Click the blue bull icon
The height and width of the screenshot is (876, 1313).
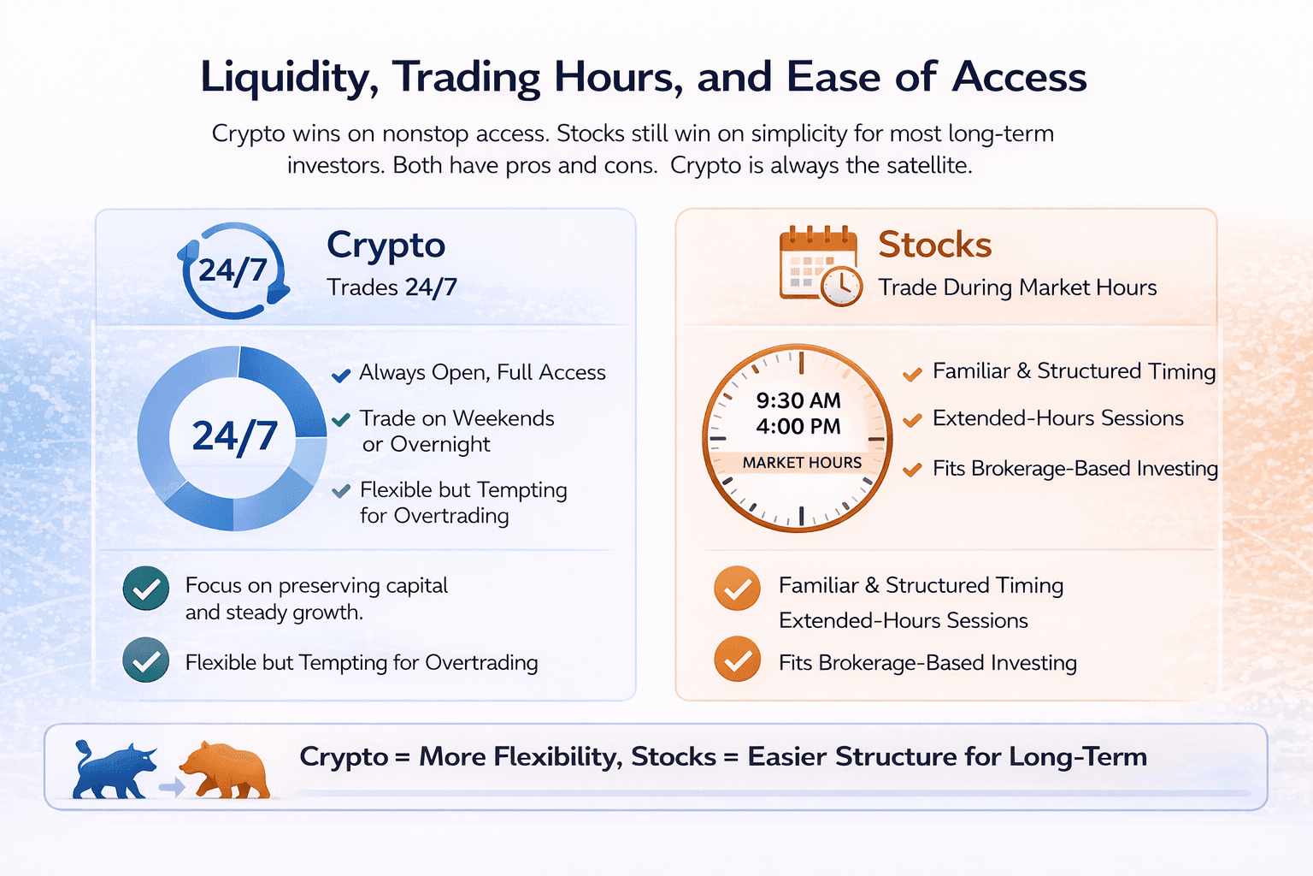pyautogui.click(x=115, y=770)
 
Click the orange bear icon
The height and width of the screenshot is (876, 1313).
pyautogui.click(x=225, y=770)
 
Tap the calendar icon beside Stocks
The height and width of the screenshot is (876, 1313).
pyautogui.click(x=821, y=265)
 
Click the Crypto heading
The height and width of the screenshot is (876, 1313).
pyautogui.click(x=386, y=246)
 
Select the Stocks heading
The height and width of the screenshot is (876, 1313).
pyautogui.click(x=935, y=245)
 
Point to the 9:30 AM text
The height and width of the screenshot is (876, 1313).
pyautogui.click(x=798, y=400)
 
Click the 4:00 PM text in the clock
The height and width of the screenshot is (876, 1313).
pyautogui.click(x=798, y=427)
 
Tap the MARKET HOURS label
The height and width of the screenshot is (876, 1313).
pyautogui.click(x=802, y=463)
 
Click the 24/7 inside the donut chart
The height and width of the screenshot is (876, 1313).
pyautogui.click(x=234, y=437)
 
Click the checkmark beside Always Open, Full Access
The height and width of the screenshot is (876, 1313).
pyautogui.click(x=341, y=375)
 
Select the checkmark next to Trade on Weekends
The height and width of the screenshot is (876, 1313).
pyautogui.click(x=341, y=419)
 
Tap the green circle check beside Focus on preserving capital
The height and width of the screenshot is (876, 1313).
pyautogui.click(x=146, y=589)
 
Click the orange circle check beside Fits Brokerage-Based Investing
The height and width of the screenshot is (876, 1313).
pyautogui.click(x=738, y=659)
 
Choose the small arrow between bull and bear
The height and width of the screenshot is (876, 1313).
pyautogui.click(x=172, y=787)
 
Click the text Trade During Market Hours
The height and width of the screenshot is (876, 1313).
pyautogui.click(x=1017, y=287)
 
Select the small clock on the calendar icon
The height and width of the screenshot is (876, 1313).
pyautogui.click(x=841, y=286)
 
